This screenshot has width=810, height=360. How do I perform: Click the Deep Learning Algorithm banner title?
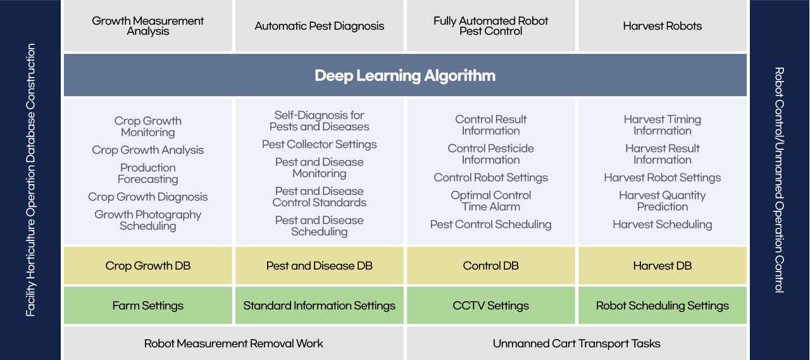[405, 76]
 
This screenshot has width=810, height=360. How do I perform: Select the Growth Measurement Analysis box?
[148, 26]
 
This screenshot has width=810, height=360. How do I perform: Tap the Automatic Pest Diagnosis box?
[320, 26]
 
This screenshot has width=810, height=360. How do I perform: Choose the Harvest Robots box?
[663, 26]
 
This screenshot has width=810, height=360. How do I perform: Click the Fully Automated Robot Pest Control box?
[491, 26]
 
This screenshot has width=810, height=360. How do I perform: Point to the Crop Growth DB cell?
[148, 266]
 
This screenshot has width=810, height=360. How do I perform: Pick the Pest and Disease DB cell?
[320, 266]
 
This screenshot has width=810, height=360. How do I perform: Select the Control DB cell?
[491, 266]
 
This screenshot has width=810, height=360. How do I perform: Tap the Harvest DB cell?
[663, 266]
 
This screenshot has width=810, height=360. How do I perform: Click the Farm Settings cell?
[148, 306]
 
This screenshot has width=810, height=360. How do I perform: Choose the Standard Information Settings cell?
[320, 306]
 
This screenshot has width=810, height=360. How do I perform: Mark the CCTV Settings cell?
[491, 306]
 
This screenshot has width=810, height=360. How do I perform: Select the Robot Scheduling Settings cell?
[663, 306]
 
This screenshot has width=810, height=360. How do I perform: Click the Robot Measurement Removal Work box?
[234, 344]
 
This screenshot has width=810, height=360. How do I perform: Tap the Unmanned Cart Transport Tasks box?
[576, 344]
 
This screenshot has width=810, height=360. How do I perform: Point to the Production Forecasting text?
[148, 173]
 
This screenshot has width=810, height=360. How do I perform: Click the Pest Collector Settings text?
[320, 144]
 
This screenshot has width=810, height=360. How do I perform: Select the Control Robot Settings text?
[491, 178]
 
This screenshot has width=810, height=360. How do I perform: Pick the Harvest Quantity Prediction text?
[663, 201]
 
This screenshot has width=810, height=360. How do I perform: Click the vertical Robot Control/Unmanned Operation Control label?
[780, 180]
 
